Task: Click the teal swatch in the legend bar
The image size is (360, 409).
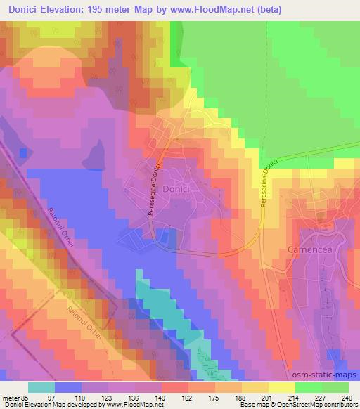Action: click(42, 387)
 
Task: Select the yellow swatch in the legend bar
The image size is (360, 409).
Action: click(281, 387)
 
